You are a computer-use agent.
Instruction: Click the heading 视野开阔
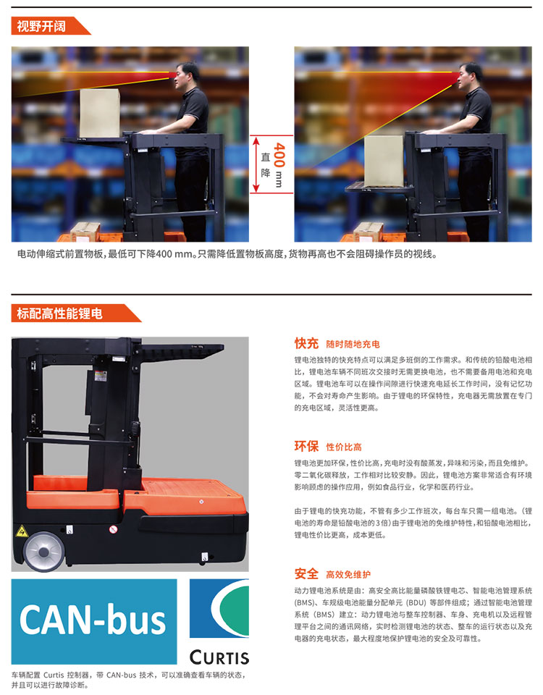[41, 26]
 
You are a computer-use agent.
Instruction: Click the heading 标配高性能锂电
[60, 313]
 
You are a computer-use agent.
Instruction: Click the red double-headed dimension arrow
[256, 164]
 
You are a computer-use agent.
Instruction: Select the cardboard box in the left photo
[100, 113]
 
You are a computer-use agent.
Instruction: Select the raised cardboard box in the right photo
[384, 161]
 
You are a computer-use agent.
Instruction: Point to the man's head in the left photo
[186, 75]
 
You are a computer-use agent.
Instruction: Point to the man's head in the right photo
[470, 75]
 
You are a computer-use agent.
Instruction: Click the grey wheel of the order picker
[43, 551]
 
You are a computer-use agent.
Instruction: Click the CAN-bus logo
[94, 621]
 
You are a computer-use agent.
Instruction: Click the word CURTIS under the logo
[219, 657]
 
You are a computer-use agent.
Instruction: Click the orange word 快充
[306, 343]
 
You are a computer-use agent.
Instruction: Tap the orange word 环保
[306, 446]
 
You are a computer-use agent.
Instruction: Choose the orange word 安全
[306, 573]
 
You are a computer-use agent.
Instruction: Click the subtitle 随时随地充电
[353, 345]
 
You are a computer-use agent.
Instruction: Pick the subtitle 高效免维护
[348, 575]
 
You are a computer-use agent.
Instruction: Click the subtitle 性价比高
[344, 447]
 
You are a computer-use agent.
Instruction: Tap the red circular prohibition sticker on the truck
[113, 529]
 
